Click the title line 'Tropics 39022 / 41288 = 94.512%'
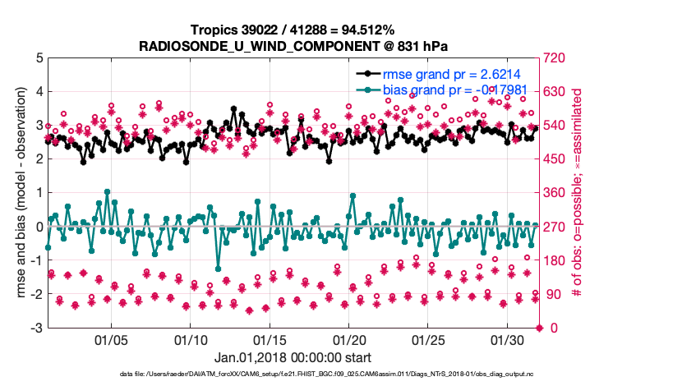293,30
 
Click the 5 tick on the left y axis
39,58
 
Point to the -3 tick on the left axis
36,329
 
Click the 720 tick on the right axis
556,58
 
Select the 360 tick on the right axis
556,194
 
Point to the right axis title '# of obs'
577,193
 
